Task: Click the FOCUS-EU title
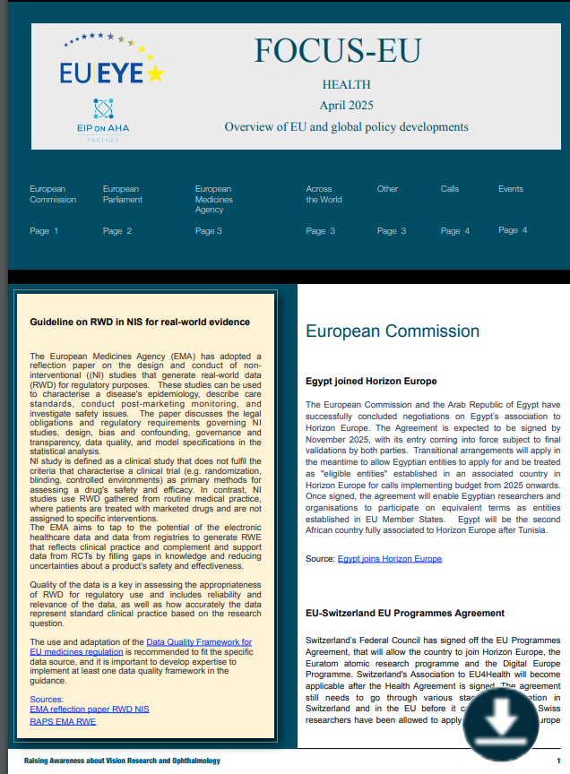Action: [x=336, y=52]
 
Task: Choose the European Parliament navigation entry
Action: [x=122, y=194]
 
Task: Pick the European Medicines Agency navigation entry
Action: [x=214, y=200]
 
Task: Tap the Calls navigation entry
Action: [x=450, y=189]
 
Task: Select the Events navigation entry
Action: [x=511, y=189]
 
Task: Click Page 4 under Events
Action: [x=513, y=230]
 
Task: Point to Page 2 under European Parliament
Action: [x=117, y=231]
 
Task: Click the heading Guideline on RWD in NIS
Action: [x=140, y=322]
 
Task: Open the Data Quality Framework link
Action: [x=198, y=642]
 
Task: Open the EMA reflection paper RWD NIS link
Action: [x=89, y=709]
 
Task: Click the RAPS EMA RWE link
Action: [x=63, y=720]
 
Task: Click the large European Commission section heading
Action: [x=393, y=331]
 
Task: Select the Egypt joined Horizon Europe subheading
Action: [x=371, y=382]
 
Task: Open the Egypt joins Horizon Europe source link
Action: [x=389, y=559]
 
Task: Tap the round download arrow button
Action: [x=501, y=718]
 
